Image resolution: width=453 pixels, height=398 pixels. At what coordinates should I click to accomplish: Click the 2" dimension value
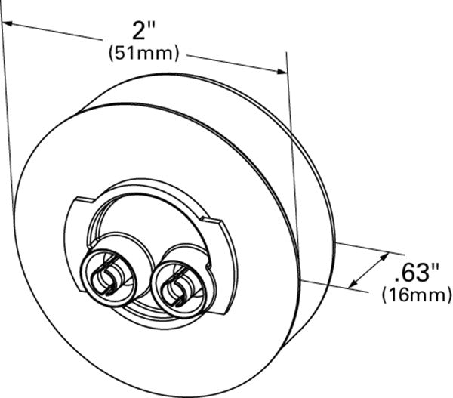tap(142, 30)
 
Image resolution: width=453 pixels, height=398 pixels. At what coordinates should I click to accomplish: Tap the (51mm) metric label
tap(143, 53)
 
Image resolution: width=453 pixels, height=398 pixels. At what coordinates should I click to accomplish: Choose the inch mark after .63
tap(434, 265)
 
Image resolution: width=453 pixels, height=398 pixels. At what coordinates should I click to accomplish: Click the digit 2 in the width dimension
tap(137, 31)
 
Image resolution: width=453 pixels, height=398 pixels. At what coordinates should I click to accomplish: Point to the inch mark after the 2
tap(151, 25)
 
